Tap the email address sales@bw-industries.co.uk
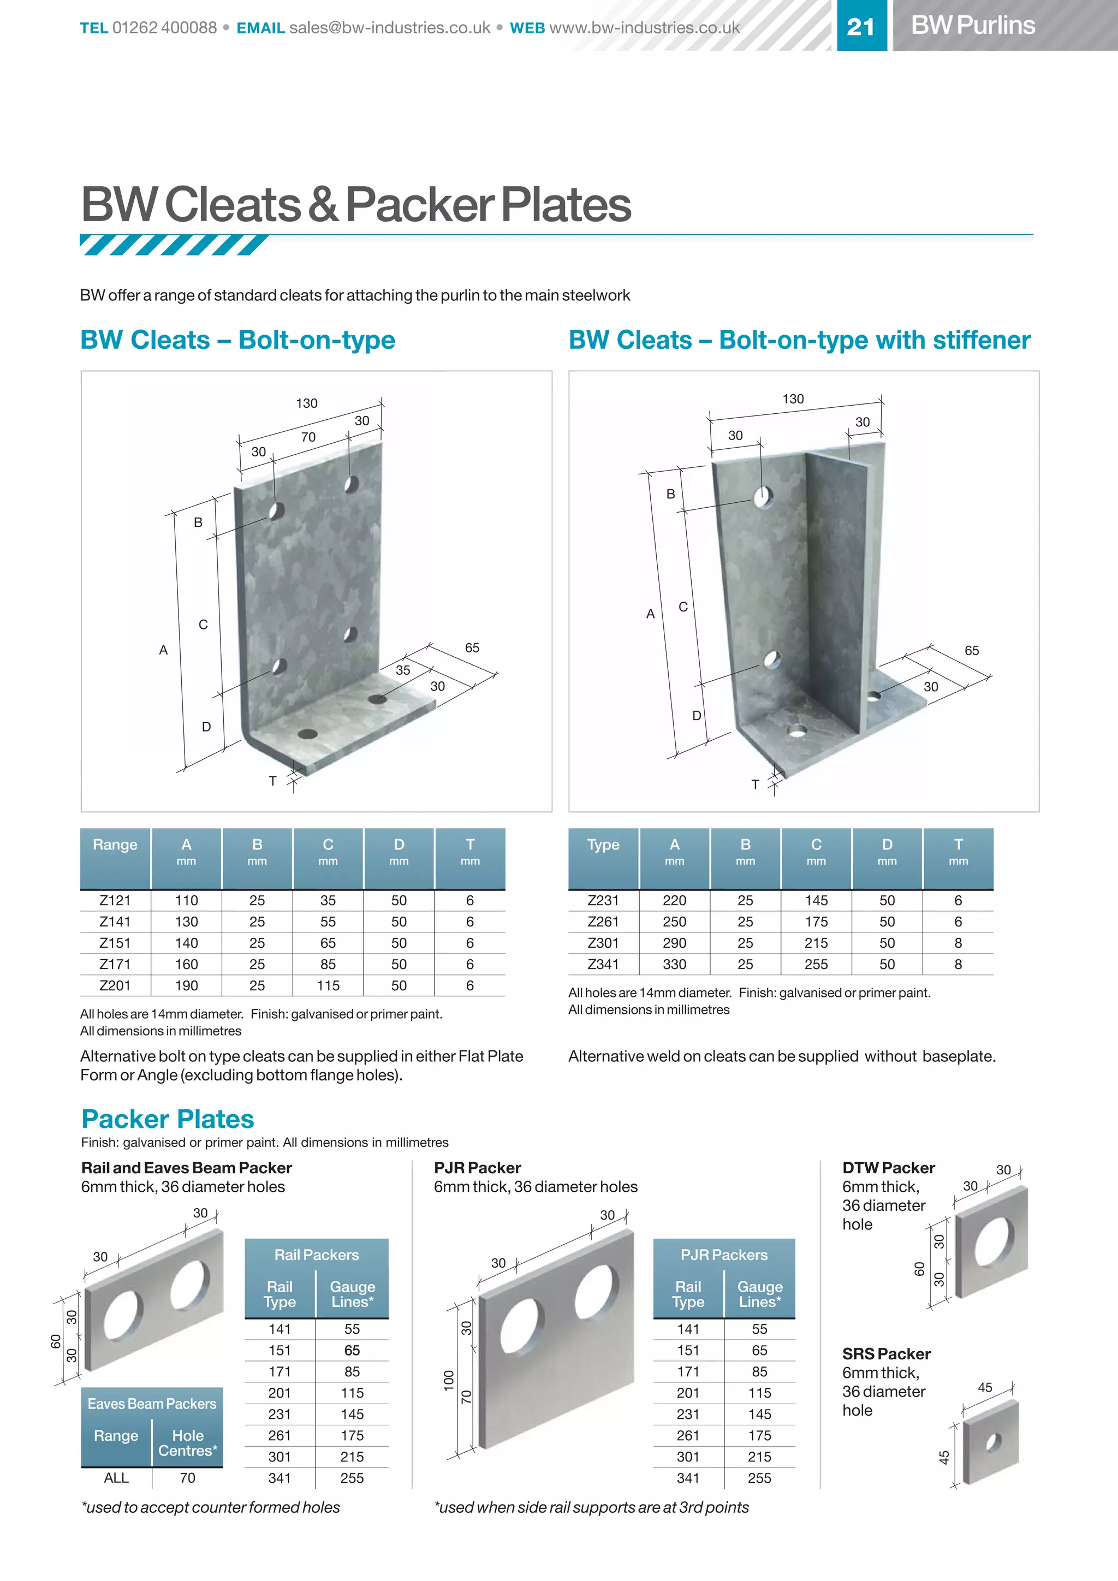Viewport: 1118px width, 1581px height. tap(390, 27)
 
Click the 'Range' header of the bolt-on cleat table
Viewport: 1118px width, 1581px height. tap(115, 845)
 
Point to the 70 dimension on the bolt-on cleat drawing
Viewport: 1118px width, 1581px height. tap(308, 437)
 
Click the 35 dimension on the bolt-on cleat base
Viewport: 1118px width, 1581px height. tap(403, 670)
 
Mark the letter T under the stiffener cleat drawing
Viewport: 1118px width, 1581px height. tap(755, 784)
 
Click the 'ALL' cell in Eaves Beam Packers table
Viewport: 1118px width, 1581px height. tap(116, 1478)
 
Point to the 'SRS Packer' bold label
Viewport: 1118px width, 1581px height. tap(886, 1354)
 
